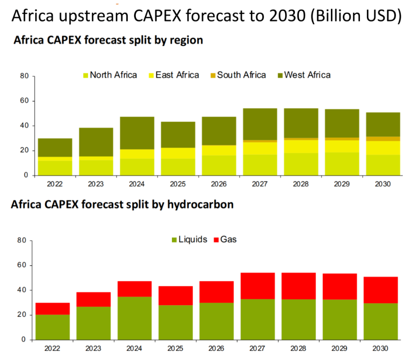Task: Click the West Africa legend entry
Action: click(307, 75)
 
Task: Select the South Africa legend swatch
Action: click(213, 75)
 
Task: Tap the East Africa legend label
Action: click(177, 75)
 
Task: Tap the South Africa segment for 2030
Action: click(383, 138)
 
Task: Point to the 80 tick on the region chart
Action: click(24, 76)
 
